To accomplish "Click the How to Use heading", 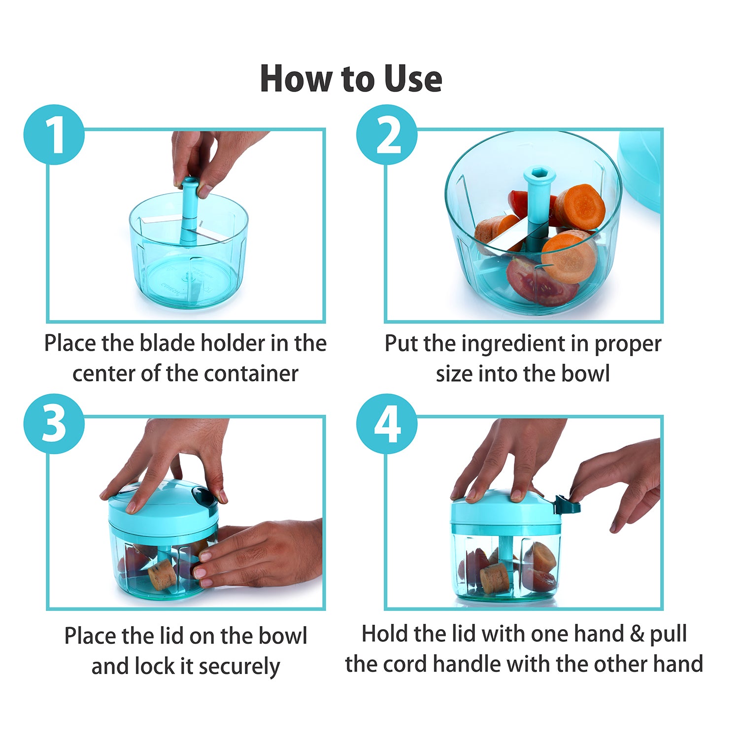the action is tap(351, 79).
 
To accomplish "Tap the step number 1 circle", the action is tap(54, 134).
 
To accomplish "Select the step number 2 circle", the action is tap(387, 134).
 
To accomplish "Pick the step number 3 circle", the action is tap(54, 424).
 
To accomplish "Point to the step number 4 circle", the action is tap(387, 424).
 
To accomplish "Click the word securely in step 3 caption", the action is tap(239, 667).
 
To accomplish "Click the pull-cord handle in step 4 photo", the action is tap(567, 505).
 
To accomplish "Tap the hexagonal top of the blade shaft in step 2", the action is tap(539, 174).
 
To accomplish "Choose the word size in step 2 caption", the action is tap(454, 373).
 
